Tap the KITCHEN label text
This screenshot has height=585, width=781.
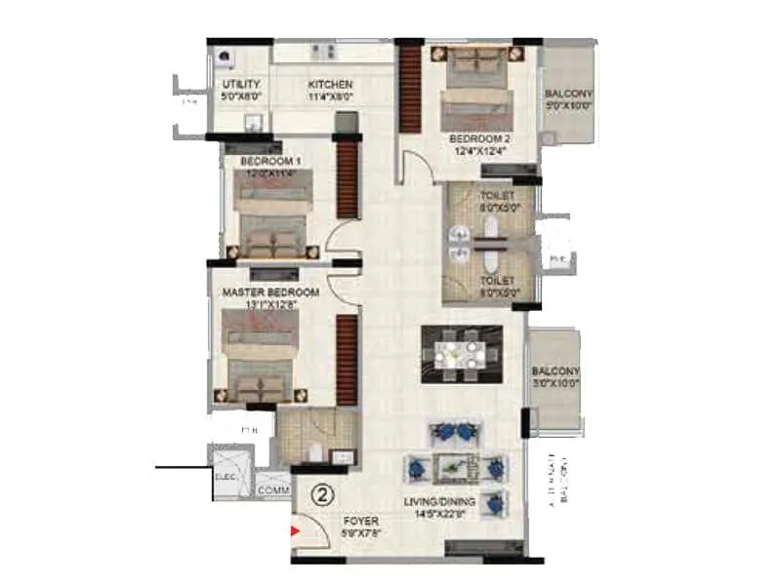coord(330,85)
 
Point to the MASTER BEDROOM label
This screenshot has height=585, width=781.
coord(270,292)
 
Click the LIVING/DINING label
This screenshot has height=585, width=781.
coord(440,502)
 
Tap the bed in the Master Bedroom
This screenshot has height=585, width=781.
coord(259,356)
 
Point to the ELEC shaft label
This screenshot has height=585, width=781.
coord(226,478)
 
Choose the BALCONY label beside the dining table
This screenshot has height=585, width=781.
coord(555,371)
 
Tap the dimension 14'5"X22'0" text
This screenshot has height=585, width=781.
coord(440,515)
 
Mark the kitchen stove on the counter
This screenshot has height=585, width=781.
coord(323,51)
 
